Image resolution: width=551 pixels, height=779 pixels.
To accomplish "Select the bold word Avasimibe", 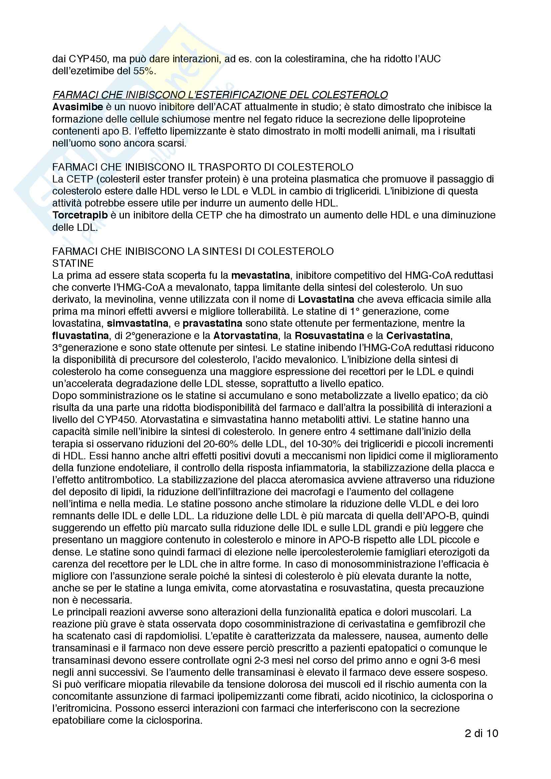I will pos(78,107).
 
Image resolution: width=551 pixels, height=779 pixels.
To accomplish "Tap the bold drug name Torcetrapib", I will pos(80,215).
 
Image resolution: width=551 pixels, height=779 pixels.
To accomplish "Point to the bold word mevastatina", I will pos(261,275).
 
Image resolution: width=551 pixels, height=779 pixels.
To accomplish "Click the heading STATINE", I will pos(73,263).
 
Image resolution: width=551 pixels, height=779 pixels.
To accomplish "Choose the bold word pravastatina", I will pos(213,323).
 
